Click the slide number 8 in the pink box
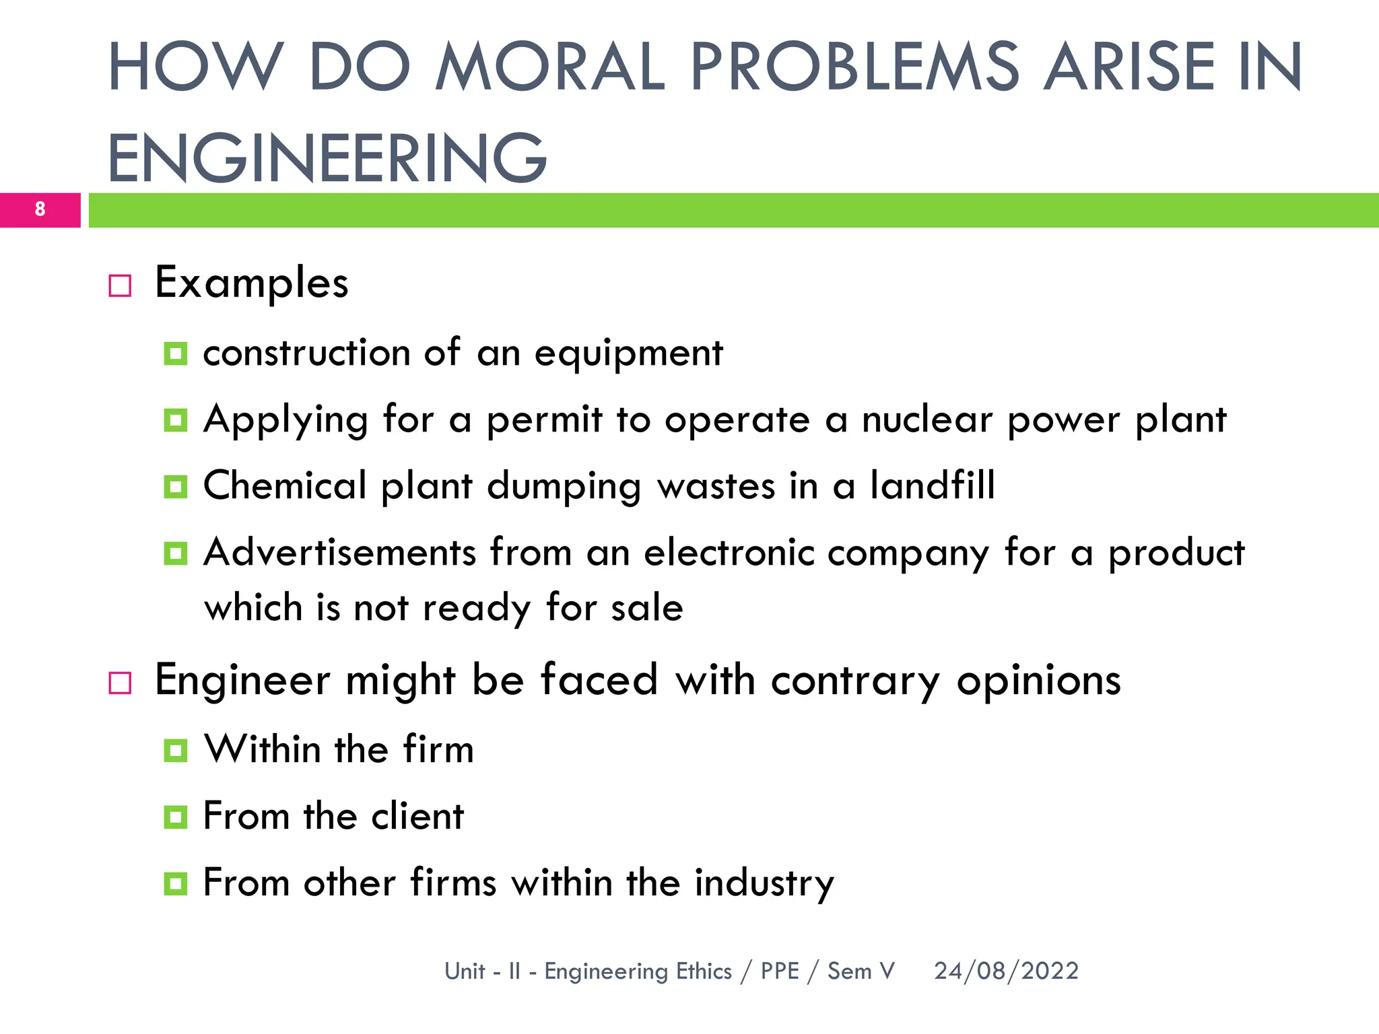(40, 209)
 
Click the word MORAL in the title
(550, 67)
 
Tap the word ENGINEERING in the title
(327, 158)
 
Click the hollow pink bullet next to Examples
(120, 285)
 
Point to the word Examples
(251, 283)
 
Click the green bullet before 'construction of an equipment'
(175, 353)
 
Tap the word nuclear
(927, 419)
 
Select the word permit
(544, 421)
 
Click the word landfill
(932, 485)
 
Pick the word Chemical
(284, 485)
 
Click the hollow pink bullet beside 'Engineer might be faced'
(120, 683)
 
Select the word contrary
(855, 681)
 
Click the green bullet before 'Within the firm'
(175, 750)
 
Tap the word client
(417, 817)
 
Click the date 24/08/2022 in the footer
(1006, 971)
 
